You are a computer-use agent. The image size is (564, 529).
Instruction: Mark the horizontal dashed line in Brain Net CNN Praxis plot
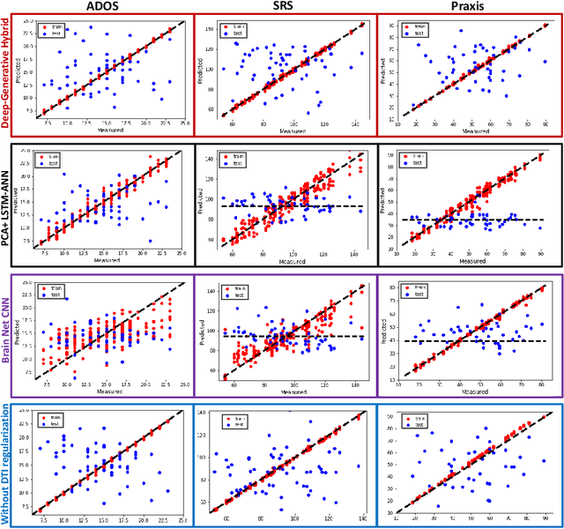pyautogui.click(x=467, y=341)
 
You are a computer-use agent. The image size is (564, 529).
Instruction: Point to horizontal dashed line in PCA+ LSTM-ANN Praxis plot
pyautogui.click(x=467, y=220)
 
